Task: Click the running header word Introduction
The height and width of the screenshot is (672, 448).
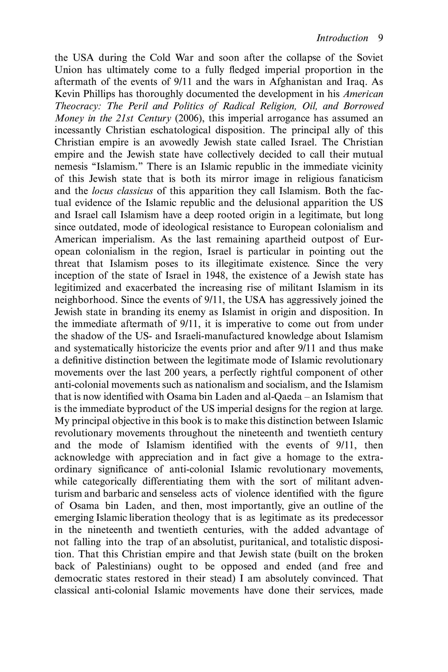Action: tap(342, 38)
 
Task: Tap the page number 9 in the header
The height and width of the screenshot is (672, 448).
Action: tap(380, 38)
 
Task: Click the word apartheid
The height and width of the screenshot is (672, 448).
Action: tap(285, 239)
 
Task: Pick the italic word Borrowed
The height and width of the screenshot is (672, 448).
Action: tap(363, 106)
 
